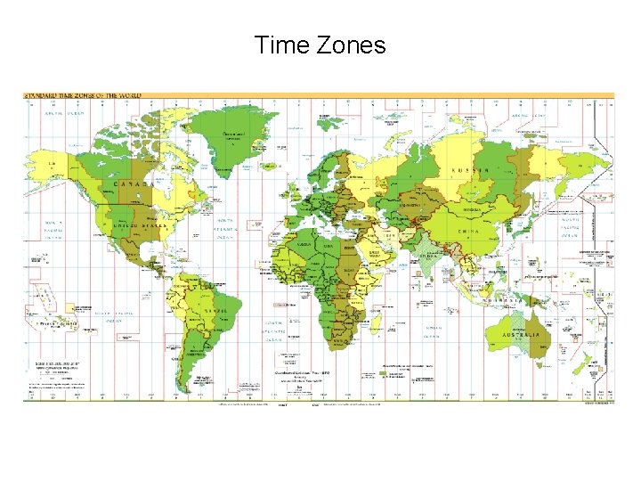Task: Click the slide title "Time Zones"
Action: point(320,45)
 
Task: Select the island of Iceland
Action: point(271,166)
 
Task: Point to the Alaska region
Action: point(57,164)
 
